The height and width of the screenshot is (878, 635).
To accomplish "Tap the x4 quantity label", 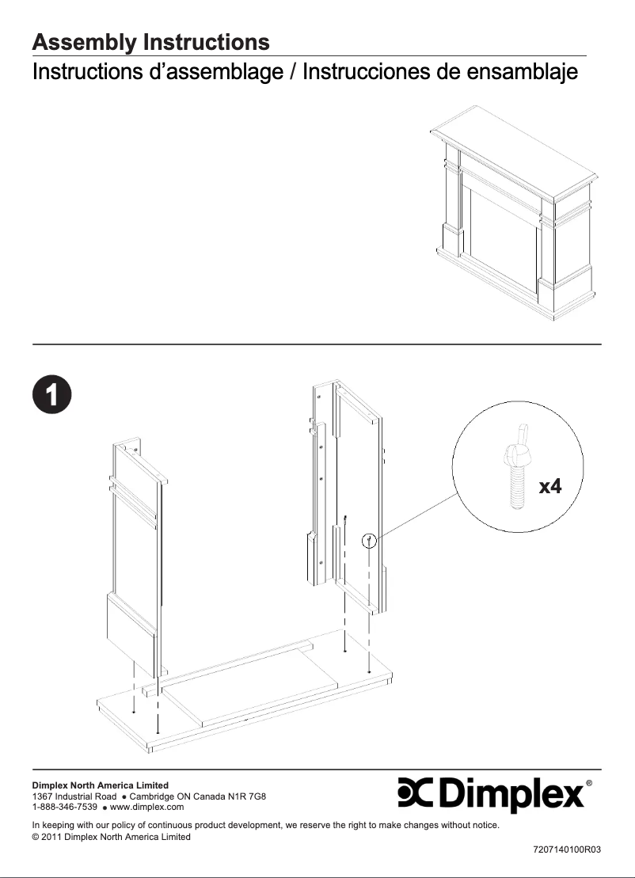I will [549, 486].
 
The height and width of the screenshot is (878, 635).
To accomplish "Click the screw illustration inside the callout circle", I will [514, 472].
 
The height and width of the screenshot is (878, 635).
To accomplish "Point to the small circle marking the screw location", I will [368, 542].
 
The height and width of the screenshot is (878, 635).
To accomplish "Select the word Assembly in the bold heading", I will [84, 42].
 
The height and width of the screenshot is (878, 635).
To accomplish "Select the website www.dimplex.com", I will [146, 807].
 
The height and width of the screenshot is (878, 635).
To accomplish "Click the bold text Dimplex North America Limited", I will [100, 785].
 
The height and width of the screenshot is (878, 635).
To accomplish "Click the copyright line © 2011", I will [111, 837].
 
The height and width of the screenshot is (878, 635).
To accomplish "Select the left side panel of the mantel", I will [136, 554].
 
